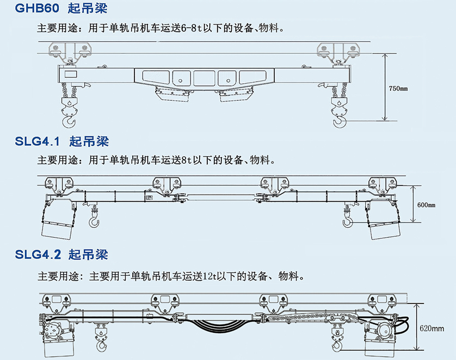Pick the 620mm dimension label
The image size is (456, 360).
432,328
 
